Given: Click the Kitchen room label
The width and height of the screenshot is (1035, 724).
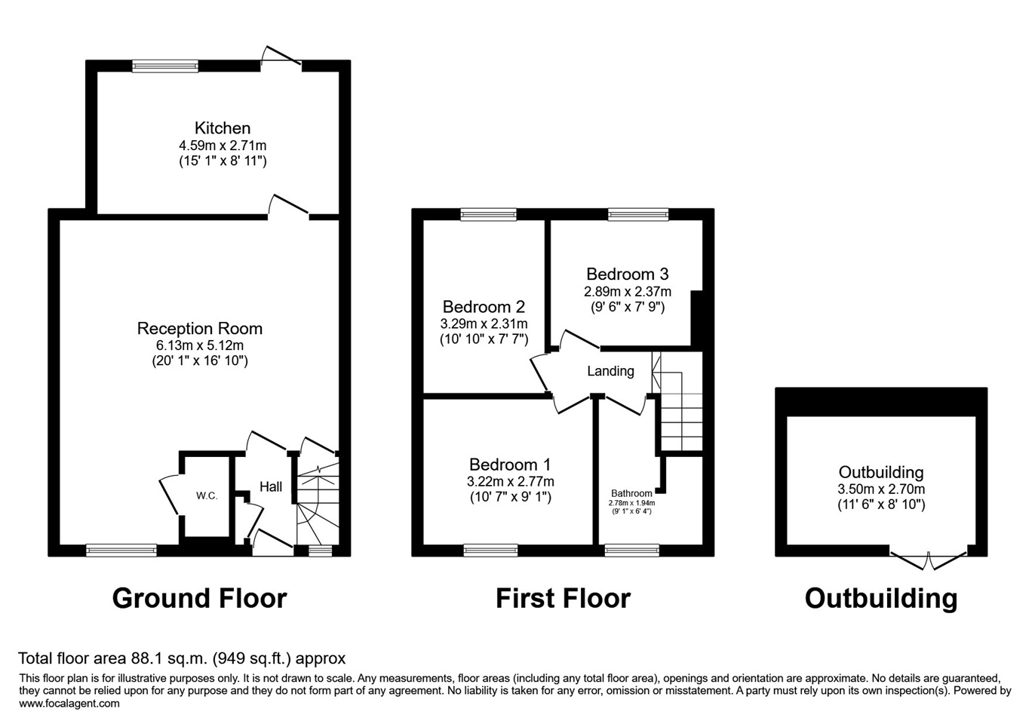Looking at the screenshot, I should pos(222,128).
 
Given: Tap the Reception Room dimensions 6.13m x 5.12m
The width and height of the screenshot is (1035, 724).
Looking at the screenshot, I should pos(200,345).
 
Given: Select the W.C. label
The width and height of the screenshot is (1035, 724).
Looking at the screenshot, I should pos(207,495).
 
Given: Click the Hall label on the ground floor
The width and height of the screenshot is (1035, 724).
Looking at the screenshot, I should pos(271,487).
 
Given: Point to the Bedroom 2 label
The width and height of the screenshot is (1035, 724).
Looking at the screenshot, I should pos(484,307).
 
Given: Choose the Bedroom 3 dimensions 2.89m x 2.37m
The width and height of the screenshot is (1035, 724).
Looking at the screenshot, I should pos(627,291).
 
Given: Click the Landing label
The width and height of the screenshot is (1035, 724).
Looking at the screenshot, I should pos(610,371).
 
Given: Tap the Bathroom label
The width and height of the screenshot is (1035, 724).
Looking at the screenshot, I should pos(631,493).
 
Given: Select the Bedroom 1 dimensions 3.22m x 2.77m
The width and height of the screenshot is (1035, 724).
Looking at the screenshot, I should pos(510,482).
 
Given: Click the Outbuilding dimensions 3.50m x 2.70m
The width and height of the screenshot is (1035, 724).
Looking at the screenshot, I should pos(880,489).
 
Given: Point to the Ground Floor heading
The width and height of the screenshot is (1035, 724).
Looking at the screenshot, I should pos(199,599).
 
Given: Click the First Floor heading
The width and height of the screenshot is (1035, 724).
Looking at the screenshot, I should pos(563,599).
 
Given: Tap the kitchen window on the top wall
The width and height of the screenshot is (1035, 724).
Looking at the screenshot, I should pos(165,66).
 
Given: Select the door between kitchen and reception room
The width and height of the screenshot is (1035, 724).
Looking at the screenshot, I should pos(289,208).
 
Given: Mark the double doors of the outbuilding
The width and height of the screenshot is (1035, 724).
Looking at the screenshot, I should pos(928,560).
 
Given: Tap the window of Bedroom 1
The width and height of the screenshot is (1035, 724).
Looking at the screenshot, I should pos(490,551).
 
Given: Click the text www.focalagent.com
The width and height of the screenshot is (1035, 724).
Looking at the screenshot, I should pos(69,704).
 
